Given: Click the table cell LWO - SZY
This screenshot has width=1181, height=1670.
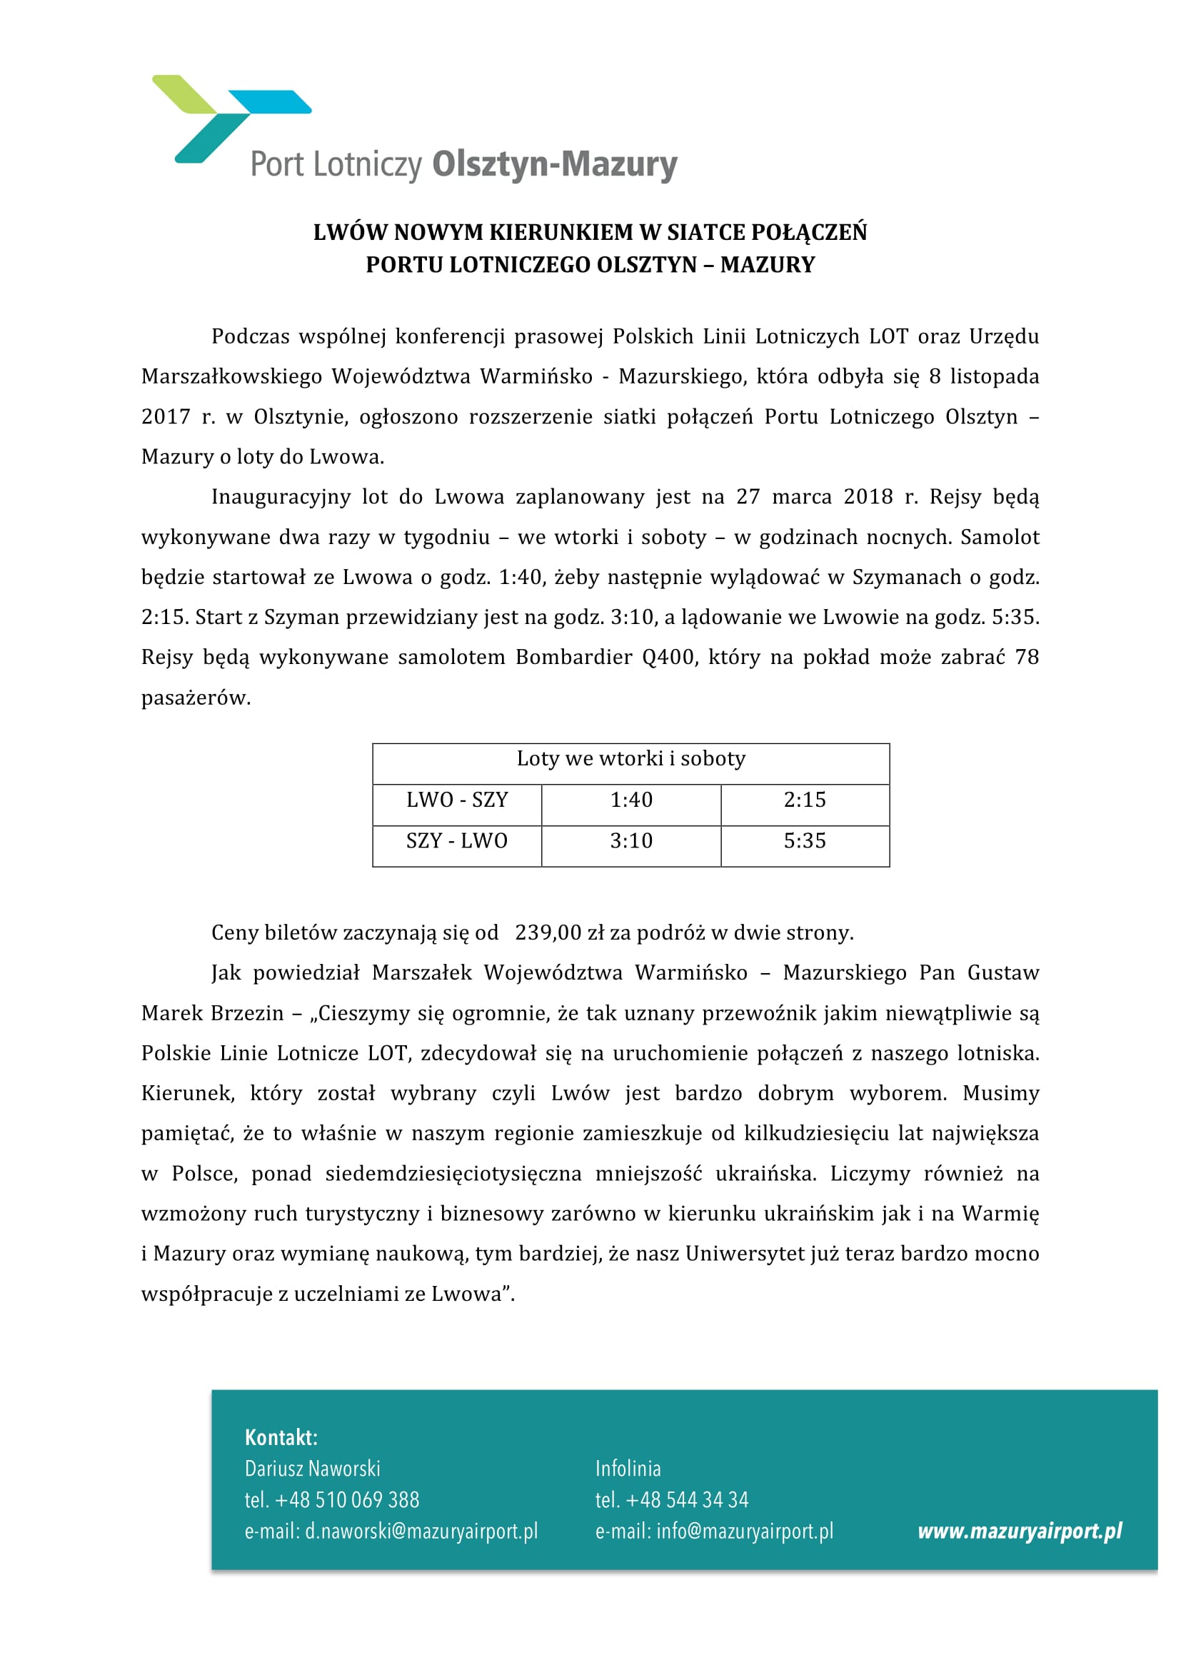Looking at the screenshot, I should pyautogui.click(x=457, y=800).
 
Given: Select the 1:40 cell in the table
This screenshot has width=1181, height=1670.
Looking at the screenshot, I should pyautogui.click(x=630, y=800).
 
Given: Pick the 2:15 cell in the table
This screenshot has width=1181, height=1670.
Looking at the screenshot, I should pyautogui.click(x=804, y=800).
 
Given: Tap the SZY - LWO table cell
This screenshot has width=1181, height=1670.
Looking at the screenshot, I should pyautogui.click(x=457, y=841).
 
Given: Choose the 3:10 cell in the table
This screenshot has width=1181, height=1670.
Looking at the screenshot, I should pyautogui.click(x=630, y=841).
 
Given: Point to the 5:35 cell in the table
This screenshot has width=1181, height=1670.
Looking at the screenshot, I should pyautogui.click(x=804, y=841).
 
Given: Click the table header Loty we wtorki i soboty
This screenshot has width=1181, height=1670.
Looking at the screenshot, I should pyautogui.click(x=630, y=759).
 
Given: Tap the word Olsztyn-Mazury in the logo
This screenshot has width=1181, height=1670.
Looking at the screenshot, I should pyautogui.click(x=554, y=164).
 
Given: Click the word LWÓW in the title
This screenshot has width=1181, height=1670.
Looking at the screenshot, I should pyautogui.click(x=350, y=233).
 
